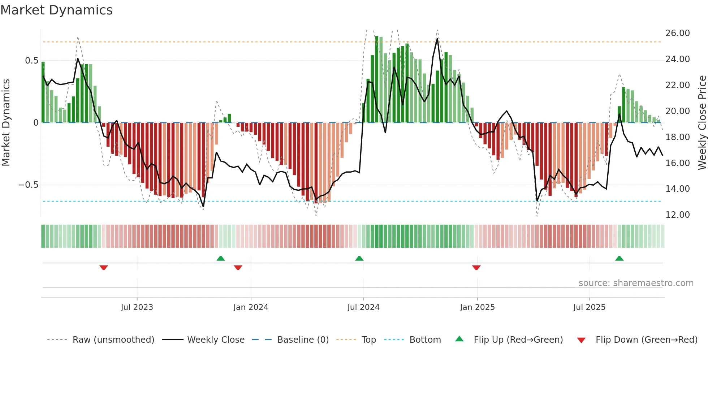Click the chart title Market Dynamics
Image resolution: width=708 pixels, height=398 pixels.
56,10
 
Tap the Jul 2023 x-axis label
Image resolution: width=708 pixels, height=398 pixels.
137,307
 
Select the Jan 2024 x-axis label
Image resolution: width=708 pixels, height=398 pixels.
251,307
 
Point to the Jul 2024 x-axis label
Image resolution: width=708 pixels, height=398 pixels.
363,307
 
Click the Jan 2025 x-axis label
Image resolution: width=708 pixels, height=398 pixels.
477,307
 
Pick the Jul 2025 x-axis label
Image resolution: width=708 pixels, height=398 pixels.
589,307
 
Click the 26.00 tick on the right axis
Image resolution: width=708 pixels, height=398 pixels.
677,33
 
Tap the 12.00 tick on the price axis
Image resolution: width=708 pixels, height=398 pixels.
677,215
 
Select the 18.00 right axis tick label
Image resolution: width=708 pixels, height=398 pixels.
677,137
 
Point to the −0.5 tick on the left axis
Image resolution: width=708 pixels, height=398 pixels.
28,185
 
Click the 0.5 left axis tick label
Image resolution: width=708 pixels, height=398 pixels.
31,61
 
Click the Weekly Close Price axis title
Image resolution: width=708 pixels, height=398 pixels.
702,123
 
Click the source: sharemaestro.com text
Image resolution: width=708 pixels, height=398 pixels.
636,283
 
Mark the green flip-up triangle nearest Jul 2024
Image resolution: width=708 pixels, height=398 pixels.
359,258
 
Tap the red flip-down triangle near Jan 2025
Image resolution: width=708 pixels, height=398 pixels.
476,268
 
